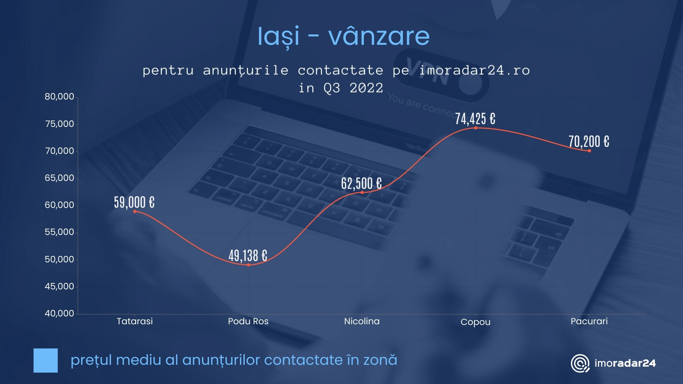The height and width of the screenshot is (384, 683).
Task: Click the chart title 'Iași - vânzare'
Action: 344,37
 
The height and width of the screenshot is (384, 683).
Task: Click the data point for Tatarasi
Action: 135,212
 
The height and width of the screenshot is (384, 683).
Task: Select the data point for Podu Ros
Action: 248,265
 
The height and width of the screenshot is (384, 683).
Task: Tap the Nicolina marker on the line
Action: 362,192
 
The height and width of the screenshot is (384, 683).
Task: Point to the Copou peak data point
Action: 476,128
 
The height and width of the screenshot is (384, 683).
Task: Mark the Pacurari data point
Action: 589,151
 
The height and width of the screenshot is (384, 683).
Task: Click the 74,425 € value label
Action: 475,119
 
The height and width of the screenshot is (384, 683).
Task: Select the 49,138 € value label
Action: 248,256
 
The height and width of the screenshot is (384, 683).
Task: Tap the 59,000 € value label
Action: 134,202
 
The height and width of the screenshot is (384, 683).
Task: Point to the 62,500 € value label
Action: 361,183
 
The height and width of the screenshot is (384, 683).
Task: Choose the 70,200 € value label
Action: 589,142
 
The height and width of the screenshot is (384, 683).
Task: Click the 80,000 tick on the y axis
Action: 59,97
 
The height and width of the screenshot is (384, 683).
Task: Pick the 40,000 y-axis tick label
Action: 59,314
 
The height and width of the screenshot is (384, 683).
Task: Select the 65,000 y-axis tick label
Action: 59,178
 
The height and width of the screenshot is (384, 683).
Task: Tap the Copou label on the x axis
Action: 476,322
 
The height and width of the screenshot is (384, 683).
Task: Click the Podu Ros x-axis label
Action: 248,321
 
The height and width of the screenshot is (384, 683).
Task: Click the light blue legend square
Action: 46,361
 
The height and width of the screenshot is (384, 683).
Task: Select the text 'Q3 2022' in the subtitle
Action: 353,88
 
